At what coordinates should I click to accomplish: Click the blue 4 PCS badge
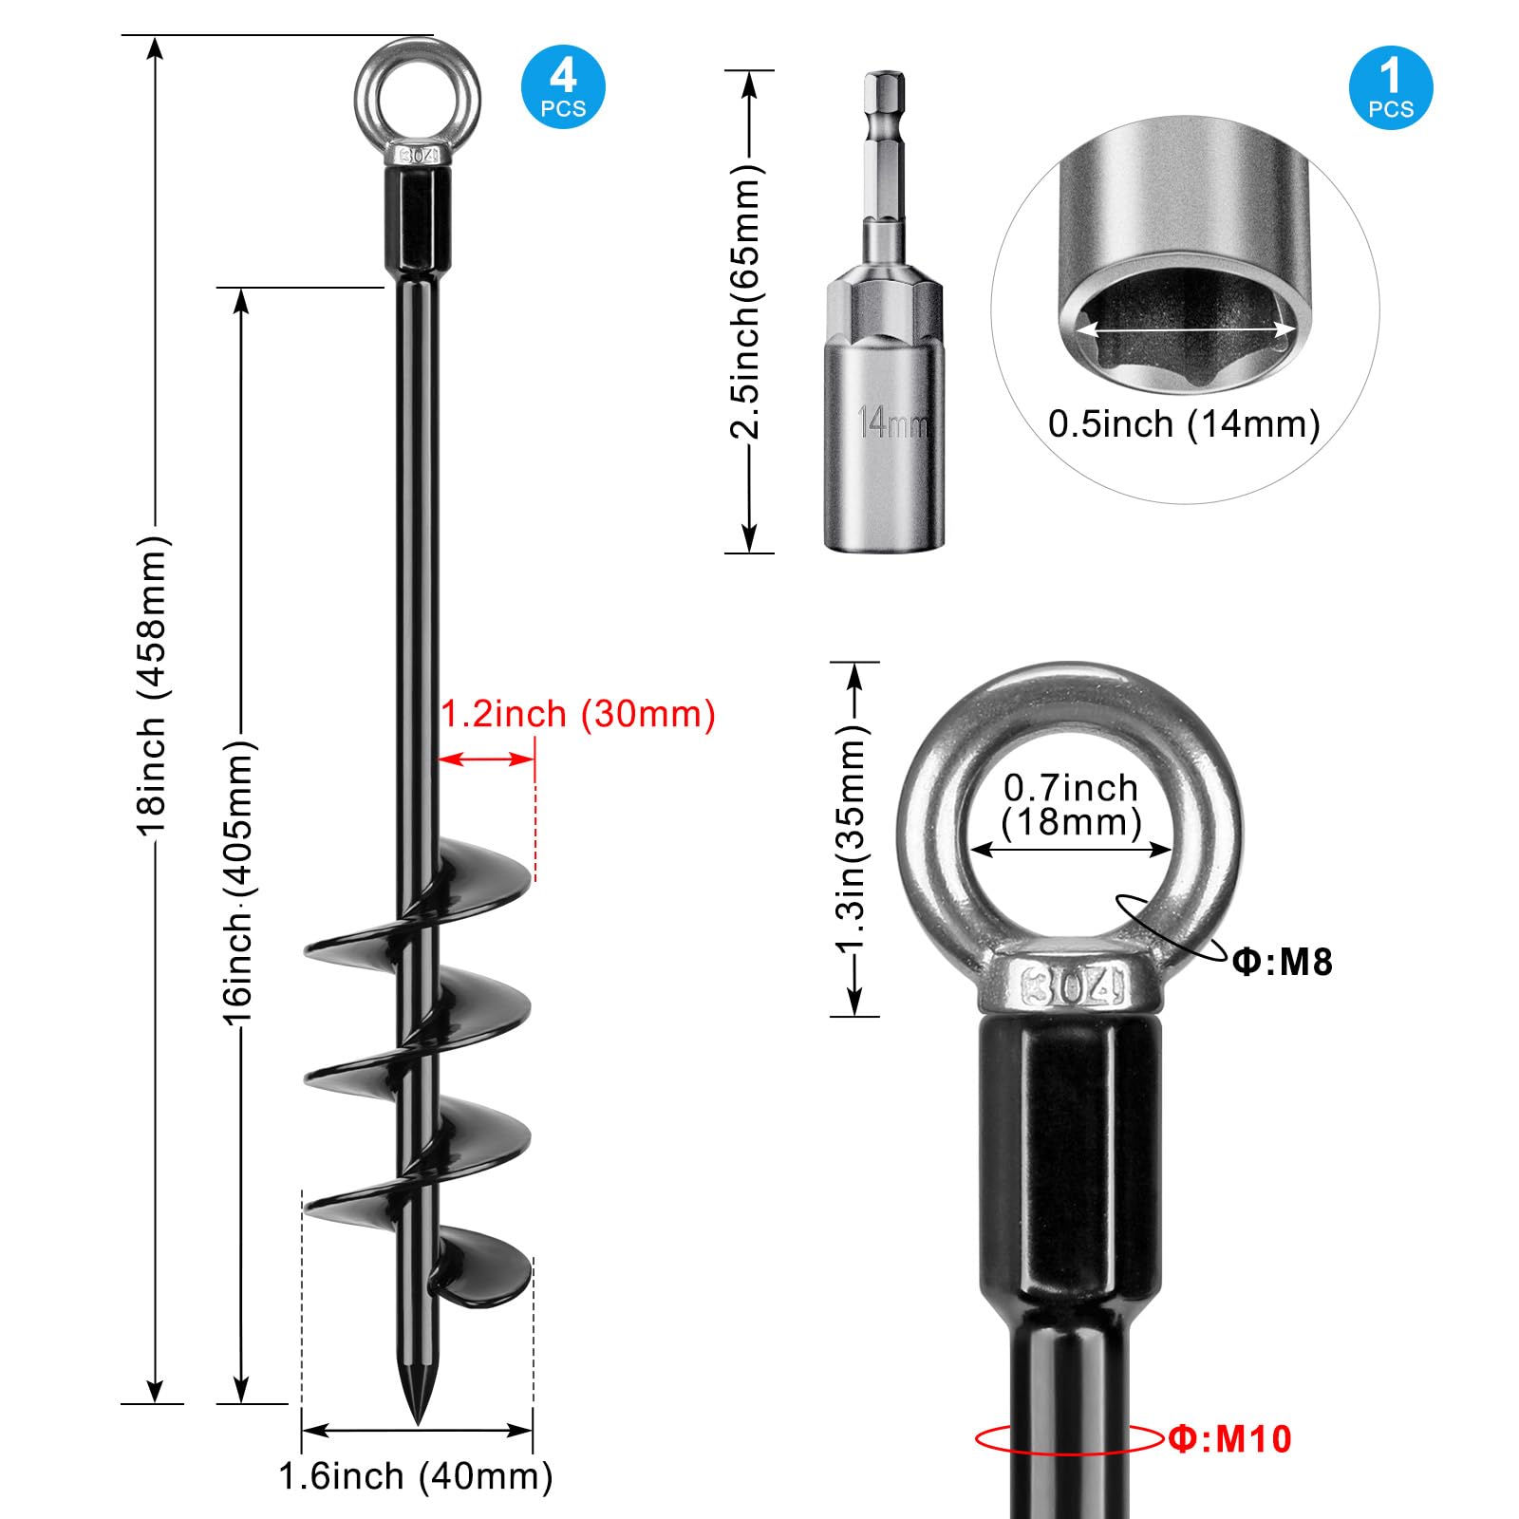click(x=563, y=87)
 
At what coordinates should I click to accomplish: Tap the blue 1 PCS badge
click(x=1390, y=87)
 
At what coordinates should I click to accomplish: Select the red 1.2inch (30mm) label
click(x=578, y=714)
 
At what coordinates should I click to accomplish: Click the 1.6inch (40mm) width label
click(x=416, y=1477)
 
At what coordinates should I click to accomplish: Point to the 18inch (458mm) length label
click(x=153, y=685)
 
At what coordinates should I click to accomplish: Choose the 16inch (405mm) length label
click(x=238, y=883)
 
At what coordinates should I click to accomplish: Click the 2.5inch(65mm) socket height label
click(x=745, y=302)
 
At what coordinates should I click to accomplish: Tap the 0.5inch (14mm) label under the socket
click(x=1184, y=424)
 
